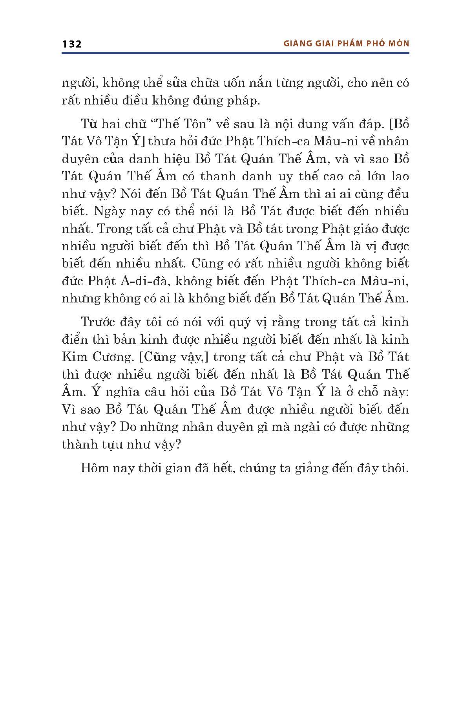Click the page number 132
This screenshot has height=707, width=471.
(x=71, y=44)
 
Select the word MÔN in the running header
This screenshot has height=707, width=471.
(x=398, y=44)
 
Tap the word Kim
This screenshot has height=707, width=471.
(x=75, y=357)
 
